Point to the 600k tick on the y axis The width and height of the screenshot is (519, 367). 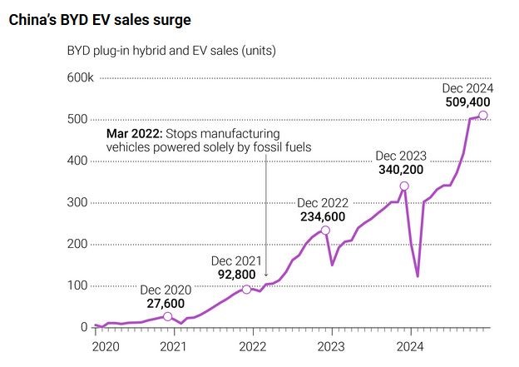pos(80,77)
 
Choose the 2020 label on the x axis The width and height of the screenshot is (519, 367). pos(106,345)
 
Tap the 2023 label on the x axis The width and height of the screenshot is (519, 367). pos(331,345)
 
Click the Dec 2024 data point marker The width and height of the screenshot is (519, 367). pos(483,115)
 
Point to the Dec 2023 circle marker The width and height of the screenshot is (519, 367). pos(404,186)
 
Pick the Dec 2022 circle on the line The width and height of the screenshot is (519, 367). pos(325,230)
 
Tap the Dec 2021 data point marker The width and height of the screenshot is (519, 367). pos(246,290)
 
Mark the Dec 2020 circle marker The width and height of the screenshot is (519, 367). pos(167,316)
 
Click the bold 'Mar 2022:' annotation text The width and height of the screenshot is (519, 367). pos(134,134)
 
